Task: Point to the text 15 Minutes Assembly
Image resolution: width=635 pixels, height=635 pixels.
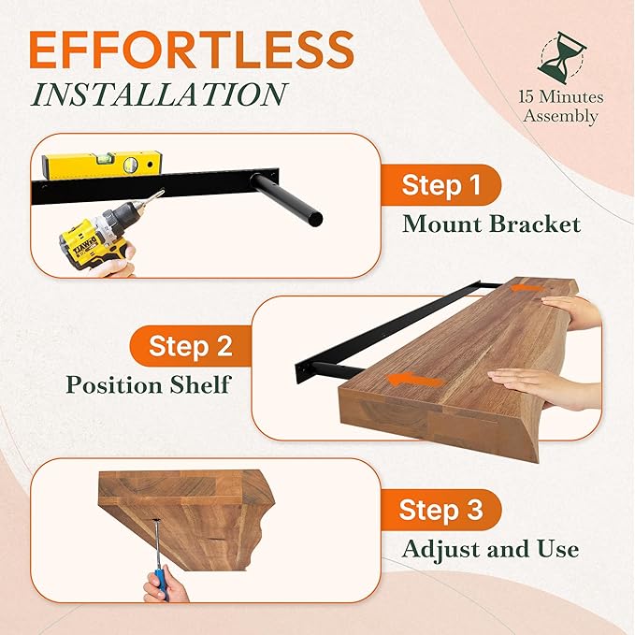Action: coord(561,107)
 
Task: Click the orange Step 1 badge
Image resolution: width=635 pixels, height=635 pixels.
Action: coord(440,185)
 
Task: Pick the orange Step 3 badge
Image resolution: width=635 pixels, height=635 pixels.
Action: coord(440,511)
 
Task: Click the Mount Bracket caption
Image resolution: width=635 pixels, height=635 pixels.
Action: coord(492,224)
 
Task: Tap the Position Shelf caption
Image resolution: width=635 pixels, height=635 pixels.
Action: coord(148,385)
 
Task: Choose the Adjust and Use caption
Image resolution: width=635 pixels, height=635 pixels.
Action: coord(490,549)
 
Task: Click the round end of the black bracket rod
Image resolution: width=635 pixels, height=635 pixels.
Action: coord(316,219)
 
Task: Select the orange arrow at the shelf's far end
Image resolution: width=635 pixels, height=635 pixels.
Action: coord(529,291)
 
